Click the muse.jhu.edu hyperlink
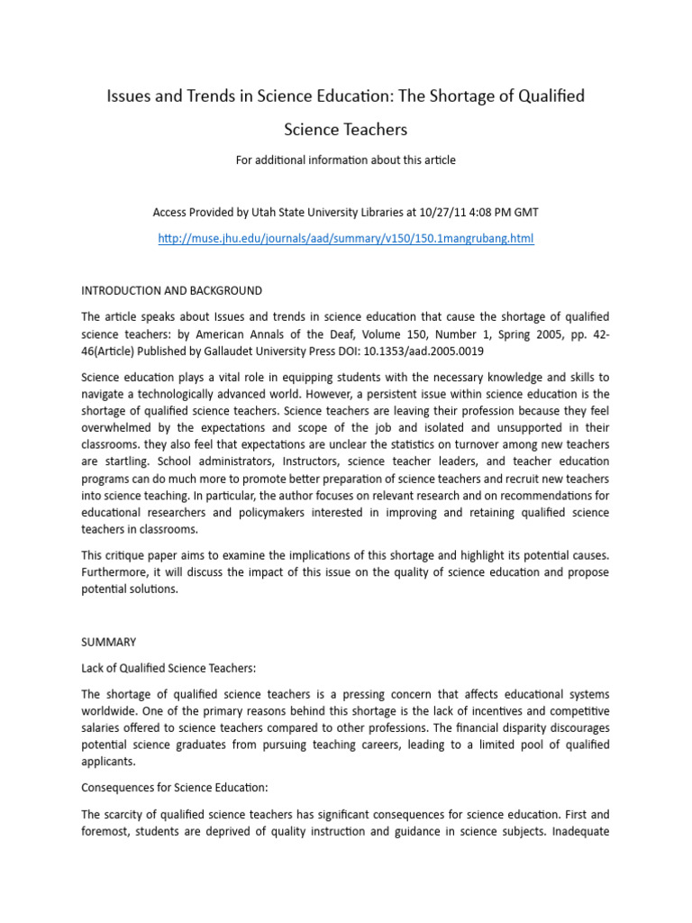[x=346, y=239]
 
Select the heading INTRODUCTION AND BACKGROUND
[x=172, y=290]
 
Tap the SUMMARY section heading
[x=109, y=642]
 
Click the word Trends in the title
[x=200, y=96]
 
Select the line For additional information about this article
[x=346, y=160]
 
